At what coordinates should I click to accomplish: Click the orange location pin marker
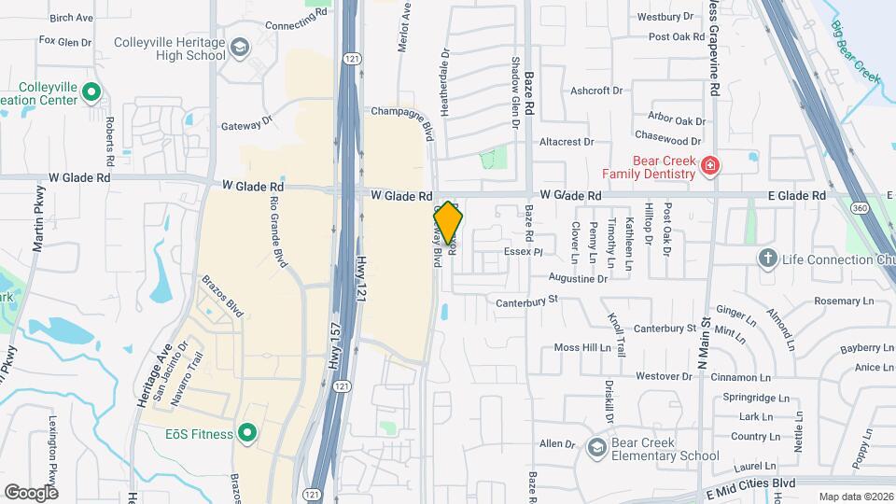click(x=448, y=223)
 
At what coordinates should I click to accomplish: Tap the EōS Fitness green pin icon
click(x=247, y=432)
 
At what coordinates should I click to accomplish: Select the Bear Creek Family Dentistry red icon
click(x=710, y=166)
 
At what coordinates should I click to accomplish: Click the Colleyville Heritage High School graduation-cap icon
click(x=240, y=48)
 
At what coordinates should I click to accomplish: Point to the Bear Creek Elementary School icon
click(x=595, y=449)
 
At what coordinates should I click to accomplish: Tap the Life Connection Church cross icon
click(x=768, y=259)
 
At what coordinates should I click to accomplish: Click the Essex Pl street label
click(x=523, y=252)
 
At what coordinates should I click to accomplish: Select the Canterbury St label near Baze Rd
click(x=526, y=300)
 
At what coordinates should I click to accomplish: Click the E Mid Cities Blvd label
click(x=750, y=483)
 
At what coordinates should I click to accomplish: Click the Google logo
click(x=31, y=492)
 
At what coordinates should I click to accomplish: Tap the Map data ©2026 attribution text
click(x=855, y=497)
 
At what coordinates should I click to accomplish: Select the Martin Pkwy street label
click(x=39, y=232)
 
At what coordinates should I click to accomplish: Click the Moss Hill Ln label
click(x=582, y=347)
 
